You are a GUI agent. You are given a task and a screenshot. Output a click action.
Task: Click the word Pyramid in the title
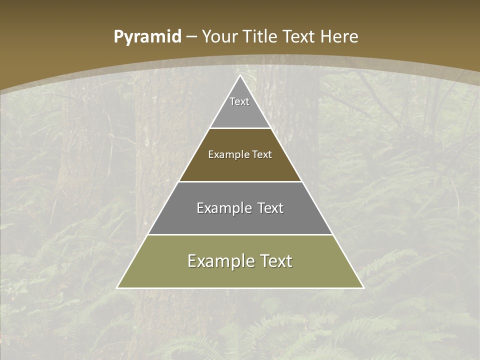[x=147, y=37]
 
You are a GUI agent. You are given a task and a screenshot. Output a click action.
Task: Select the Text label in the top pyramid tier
[x=239, y=101]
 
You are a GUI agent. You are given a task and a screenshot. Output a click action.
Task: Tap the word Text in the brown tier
[x=262, y=154]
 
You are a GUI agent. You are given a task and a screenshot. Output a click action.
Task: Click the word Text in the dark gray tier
[x=270, y=208]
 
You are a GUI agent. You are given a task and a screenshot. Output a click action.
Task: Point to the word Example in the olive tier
[x=219, y=261]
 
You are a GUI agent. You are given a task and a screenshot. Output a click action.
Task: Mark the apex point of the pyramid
[x=240, y=75]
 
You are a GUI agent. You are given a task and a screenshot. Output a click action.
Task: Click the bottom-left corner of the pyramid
[x=117, y=287]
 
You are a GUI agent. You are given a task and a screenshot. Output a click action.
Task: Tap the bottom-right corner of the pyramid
[x=363, y=287]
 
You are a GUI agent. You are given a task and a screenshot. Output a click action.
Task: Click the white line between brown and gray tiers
[x=240, y=181]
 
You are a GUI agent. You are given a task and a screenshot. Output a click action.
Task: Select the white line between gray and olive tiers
[x=240, y=234]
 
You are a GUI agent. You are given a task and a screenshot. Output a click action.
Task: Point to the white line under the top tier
[x=240, y=128]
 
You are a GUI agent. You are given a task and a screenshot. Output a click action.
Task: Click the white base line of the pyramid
[x=240, y=288]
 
